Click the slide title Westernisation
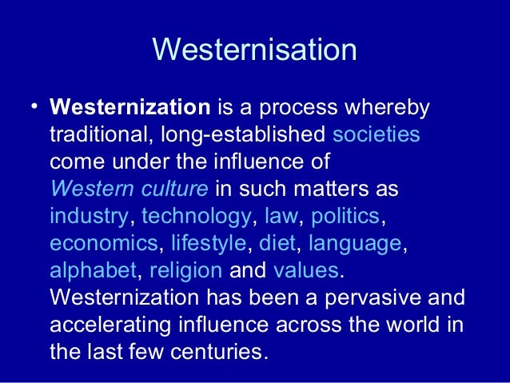pos(254,50)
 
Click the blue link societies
pos(376,134)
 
